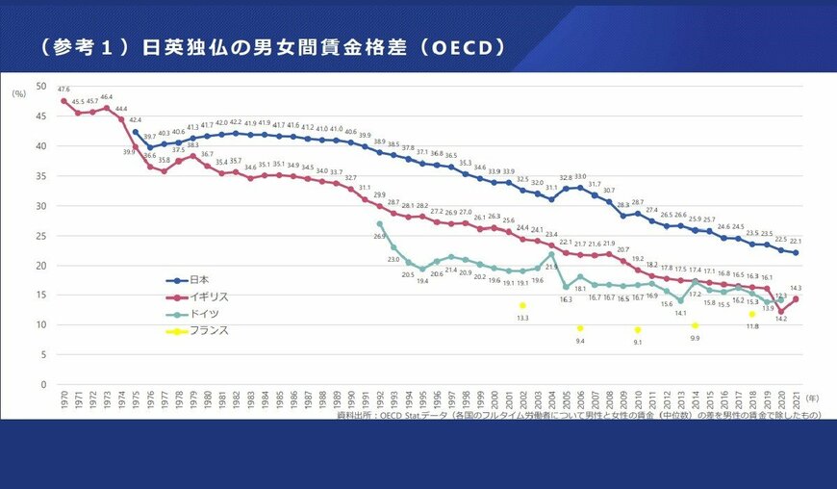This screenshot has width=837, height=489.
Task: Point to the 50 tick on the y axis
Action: (39, 87)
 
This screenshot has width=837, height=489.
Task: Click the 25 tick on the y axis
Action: (39, 236)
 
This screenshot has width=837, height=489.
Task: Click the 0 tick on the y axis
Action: (42, 385)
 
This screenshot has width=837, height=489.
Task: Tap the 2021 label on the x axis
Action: (796, 402)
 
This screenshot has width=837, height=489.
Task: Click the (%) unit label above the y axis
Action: (18, 93)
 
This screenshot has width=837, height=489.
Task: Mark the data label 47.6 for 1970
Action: (63, 89)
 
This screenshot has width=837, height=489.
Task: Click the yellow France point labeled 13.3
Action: (522, 305)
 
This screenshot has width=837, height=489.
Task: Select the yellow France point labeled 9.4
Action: (580, 328)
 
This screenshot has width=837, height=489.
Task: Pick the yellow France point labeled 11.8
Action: (752, 314)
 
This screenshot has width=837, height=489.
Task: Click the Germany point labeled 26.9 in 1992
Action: (380, 224)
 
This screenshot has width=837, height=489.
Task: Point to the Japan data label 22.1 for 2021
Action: (796, 242)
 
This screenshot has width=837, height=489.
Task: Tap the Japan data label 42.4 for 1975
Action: (136, 120)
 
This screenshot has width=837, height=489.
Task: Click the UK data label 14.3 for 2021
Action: (796, 288)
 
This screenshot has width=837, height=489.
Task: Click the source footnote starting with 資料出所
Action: (577, 416)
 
